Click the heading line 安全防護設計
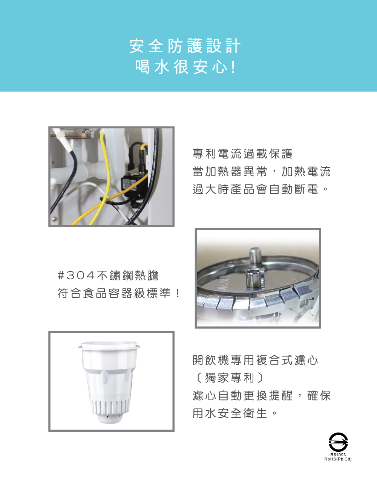[185, 46]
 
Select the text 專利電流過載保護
[242, 154]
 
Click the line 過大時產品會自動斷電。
[260, 189]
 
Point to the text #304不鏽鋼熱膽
[108, 275]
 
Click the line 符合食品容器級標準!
[118, 293]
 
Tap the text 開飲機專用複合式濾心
[255, 360]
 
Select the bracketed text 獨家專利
[229, 378]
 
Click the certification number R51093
[338, 455]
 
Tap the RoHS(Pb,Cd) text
[338, 459]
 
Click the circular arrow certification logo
[338, 442]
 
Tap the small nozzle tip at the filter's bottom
[110, 418]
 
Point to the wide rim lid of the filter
[109, 346]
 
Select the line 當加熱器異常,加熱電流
[262, 171]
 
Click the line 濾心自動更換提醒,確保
[262, 395]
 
